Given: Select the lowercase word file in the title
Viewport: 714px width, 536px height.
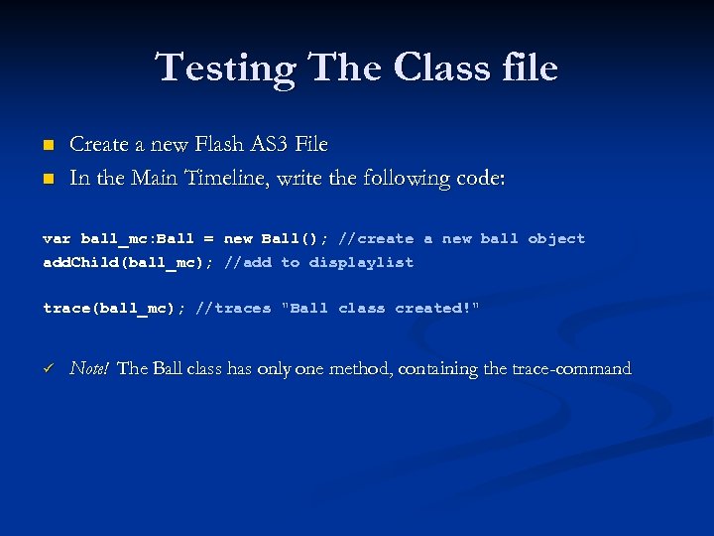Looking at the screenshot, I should (x=530, y=67).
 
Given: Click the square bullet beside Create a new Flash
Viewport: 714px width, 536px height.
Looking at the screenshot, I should (x=47, y=146).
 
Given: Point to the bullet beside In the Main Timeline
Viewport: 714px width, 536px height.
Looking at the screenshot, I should (x=47, y=180).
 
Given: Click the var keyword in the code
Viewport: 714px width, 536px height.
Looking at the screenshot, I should (x=57, y=239).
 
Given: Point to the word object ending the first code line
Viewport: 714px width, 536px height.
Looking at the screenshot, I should (x=556, y=239).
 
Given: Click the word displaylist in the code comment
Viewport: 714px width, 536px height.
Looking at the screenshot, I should (x=361, y=263).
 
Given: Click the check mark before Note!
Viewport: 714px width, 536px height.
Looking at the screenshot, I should (x=47, y=369).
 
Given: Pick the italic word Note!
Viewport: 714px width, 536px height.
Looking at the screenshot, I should (x=89, y=369).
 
